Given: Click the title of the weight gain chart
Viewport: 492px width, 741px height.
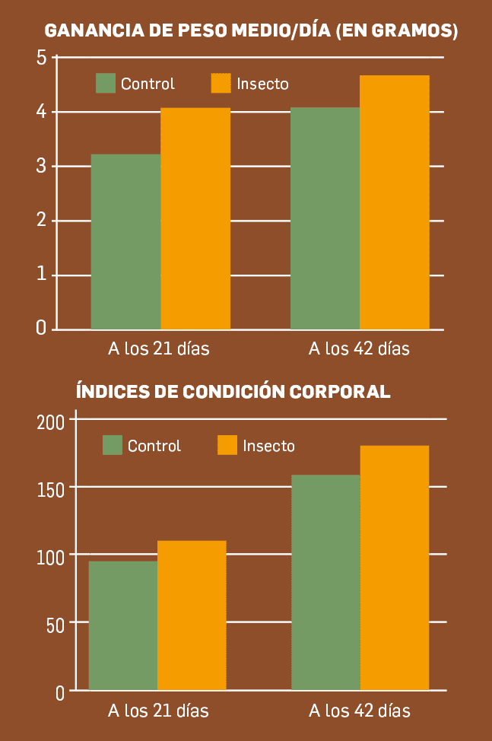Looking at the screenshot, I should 251,31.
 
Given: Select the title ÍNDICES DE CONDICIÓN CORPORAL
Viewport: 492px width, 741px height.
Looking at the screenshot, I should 233,392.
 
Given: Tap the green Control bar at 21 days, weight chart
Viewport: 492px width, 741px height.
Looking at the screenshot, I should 125,242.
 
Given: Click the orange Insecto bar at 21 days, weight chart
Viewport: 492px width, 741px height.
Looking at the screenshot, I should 195,218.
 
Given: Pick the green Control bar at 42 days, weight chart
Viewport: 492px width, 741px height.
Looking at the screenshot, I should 325,218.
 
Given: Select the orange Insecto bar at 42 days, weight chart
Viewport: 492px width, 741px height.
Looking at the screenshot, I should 395,202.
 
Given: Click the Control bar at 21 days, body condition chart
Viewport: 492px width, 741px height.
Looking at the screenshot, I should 123,625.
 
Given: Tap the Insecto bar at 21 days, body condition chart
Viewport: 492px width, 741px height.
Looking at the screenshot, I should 192,615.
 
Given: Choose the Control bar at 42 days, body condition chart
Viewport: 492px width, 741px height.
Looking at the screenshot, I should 325,583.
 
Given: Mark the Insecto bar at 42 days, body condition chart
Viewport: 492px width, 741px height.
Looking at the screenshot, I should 395,568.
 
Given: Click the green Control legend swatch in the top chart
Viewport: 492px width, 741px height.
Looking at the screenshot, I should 106,84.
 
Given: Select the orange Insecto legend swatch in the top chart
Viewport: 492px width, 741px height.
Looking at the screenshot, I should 221,84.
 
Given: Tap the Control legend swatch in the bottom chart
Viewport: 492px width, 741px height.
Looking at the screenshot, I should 113,445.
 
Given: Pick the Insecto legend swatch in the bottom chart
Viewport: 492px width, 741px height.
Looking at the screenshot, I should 227,445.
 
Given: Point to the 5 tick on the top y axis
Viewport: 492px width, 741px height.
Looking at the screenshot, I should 41,58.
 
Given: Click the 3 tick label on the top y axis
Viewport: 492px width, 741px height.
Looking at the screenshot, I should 41,167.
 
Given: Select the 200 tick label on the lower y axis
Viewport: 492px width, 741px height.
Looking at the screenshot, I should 51,421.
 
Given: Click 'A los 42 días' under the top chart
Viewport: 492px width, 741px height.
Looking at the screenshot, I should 359,349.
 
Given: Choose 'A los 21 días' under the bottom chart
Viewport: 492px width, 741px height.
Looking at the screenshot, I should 158,711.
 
